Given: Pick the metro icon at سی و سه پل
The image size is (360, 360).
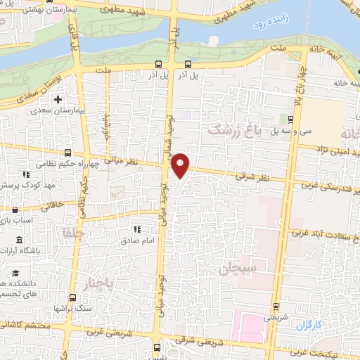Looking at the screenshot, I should [x=291, y=120].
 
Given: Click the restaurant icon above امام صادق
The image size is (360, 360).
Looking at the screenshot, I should [x=138, y=229].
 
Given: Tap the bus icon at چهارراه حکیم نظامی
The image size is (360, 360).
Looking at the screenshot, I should [x=67, y=153].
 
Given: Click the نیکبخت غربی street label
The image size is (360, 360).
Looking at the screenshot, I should [x=337, y=349].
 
